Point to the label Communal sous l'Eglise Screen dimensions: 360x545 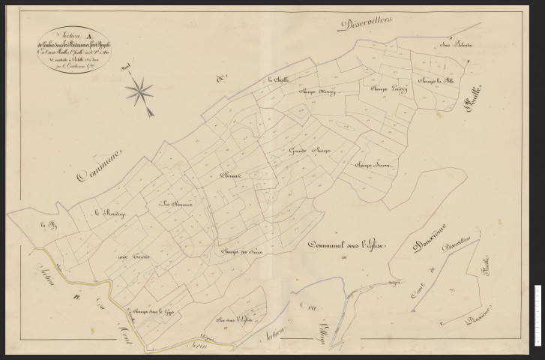click(x=347, y=246)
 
